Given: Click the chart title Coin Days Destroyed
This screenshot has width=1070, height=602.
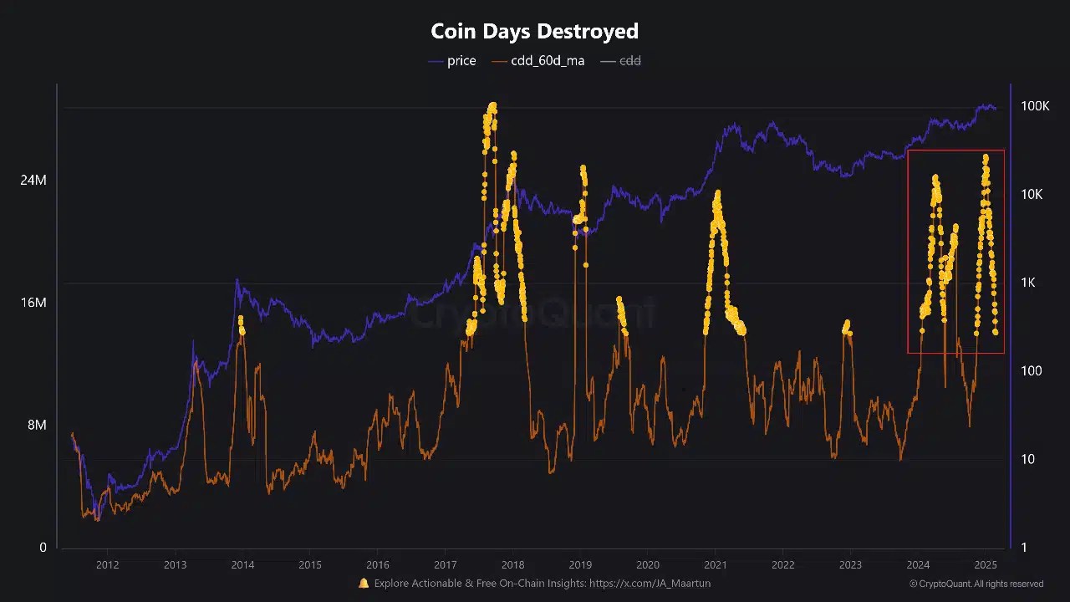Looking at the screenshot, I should [534, 32].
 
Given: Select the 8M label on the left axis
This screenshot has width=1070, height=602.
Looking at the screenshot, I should [37, 425].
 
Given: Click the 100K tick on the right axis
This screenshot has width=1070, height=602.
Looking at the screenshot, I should [1035, 106].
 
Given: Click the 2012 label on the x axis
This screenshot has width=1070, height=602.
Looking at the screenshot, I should [107, 564].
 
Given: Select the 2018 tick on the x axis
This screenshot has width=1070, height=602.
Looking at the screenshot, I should [512, 564].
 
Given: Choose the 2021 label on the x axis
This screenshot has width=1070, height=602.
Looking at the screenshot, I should [716, 564].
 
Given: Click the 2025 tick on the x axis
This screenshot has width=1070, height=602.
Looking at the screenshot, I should [986, 564].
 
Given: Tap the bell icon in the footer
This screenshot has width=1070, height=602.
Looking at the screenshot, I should [364, 584].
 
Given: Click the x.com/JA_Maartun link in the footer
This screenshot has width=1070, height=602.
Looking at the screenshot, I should [650, 584].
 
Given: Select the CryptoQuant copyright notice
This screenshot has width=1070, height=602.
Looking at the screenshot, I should [976, 584].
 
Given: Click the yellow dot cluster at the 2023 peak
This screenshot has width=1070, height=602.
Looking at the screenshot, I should [847, 327].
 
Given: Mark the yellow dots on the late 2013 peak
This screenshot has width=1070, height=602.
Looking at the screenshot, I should [242, 324].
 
